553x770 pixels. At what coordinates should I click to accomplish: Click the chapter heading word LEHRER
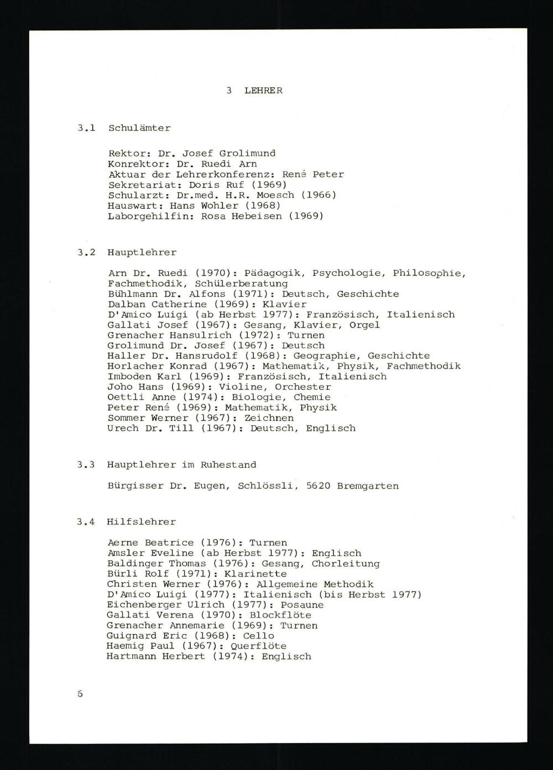tap(263, 91)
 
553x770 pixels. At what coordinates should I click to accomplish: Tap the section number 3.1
tap(86, 128)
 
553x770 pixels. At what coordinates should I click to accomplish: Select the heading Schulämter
tap(139, 128)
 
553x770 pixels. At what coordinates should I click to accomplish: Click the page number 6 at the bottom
tap(80, 693)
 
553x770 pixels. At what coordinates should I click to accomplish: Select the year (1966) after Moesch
tap(319, 195)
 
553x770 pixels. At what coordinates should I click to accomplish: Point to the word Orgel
tap(364, 325)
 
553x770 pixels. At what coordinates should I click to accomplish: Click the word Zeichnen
tap(269, 418)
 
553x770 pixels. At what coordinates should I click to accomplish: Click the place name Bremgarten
tap(368, 486)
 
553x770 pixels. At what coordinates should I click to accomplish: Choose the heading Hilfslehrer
tap(141, 522)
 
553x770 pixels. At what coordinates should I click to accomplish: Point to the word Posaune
tap(302, 605)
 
